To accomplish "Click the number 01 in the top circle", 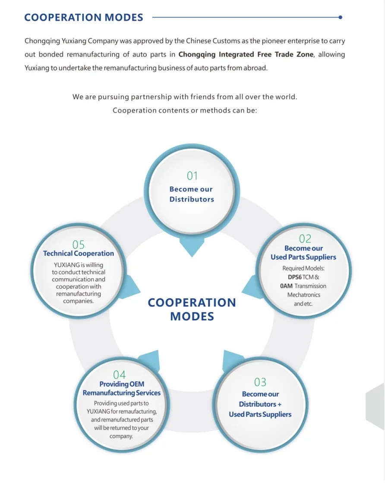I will pyautogui.click(x=192, y=176).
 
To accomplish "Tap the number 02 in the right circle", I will pyautogui.click(x=305, y=238).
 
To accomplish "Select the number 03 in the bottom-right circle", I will pyautogui.click(x=260, y=382).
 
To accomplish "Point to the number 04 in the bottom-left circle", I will pyautogui.click(x=120, y=375).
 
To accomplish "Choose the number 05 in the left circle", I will pyautogui.click(x=79, y=245).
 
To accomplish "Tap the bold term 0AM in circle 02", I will pyautogui.click(x=286, y=286).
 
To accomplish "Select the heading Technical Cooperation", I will pyautogui.click(x=79, y=253).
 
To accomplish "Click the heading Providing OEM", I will pyautogui.click(x=122, y=384).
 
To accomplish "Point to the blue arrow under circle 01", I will pyautogui.click(x=192, y=247).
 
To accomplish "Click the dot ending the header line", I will pyautogui.click(x=341, y=17).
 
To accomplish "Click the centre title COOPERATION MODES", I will pyautogui.click(x=192, y=309).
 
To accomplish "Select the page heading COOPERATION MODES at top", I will pyautogui.click(x=84, y=18).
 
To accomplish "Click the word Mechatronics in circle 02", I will pyautogui.click(x=304, y=295).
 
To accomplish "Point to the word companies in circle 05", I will pyautogui.click(x=78, y=301).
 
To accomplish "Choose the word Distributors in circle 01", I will pyautogui.click(x=192, y=199).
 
